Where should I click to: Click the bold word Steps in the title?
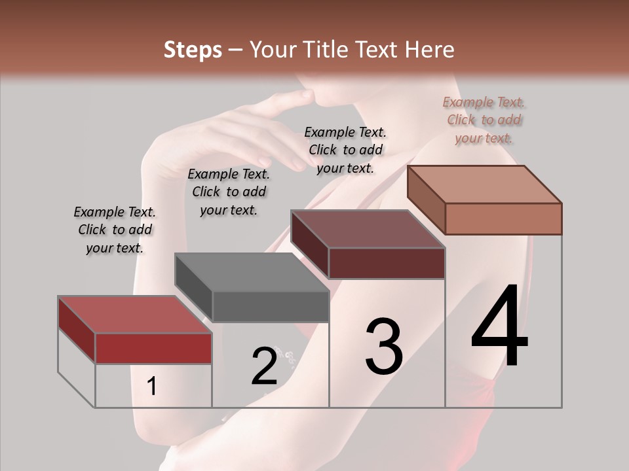click(193, 50)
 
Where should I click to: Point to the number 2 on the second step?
click(265, 366)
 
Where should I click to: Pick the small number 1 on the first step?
click(151, 387)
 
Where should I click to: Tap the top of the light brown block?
click(485, 184)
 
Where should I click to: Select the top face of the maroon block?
click(368, 229)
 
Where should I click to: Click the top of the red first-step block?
click(134, 314)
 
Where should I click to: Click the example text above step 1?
click(115, 230)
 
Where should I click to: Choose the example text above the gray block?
click(229, 192)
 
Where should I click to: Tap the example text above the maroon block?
click(345, 150)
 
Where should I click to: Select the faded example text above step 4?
click(484, 120)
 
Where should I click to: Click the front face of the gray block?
click(271, 306)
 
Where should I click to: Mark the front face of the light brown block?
click(503, 218)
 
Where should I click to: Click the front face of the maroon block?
click(387, 263)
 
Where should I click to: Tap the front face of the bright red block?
click(153, 348)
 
